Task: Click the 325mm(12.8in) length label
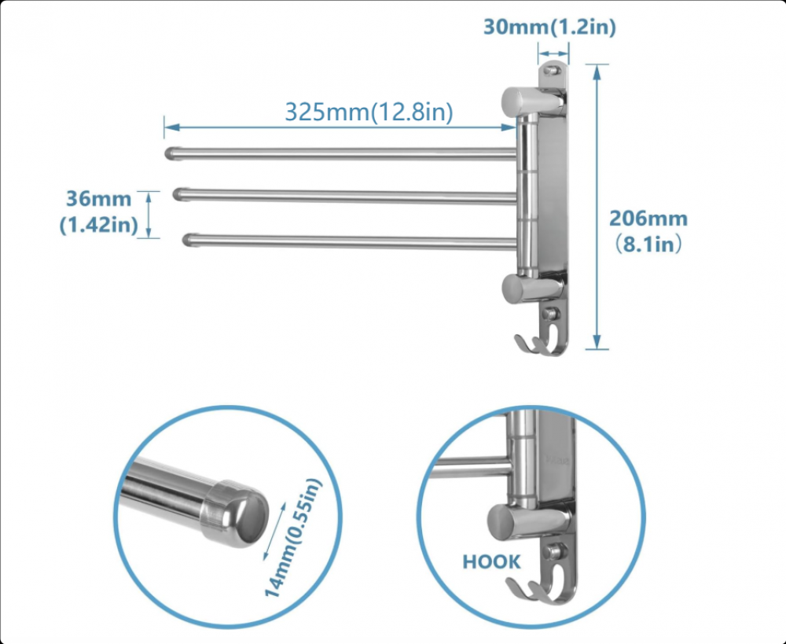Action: (x=369, y=112)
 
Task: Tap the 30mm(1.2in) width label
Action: (x=549, y=27)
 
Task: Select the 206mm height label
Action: (x=648, y=219)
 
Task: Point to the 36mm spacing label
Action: (x=99, y=199)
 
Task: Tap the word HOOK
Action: (x=491, y=561)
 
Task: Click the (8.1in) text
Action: (x=648, y=245)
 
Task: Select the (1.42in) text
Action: (x=99, y=225)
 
